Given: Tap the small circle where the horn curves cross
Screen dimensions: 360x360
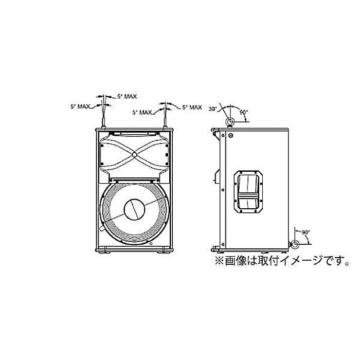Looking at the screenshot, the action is point(135,154).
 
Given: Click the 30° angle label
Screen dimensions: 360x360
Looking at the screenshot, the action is point(213,109).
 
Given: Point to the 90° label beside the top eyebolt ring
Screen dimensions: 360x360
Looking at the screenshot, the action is point(244,112).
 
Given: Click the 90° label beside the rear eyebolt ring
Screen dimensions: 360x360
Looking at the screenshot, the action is point(306,232).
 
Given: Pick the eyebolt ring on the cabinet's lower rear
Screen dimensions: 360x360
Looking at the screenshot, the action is point(295,244).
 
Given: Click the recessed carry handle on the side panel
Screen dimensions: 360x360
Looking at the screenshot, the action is point(248,192).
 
